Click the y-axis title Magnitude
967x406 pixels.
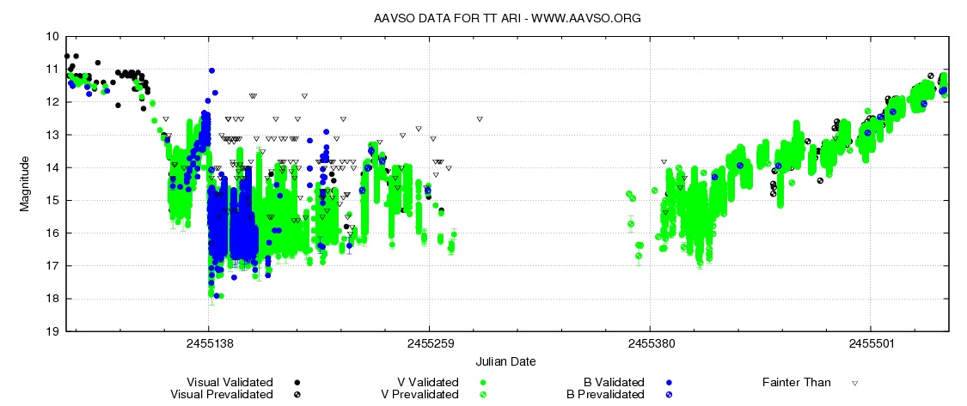click(x=25, y=184)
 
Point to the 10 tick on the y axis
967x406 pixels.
click(x=52, y=37)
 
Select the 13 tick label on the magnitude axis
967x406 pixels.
click(x=52, y=135)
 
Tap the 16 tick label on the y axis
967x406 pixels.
click(x=52, y=233)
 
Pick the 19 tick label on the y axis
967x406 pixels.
click(x=52, y=331)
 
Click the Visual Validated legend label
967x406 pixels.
click(x=230, y=382)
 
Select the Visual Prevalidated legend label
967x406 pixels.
click(x=222, y=394)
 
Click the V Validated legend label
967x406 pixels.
click(x=421, y=382)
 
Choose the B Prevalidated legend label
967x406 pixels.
click(x=606, y=394)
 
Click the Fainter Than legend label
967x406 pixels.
click(x=797, y=382)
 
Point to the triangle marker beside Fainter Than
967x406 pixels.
click(x=855, y=382)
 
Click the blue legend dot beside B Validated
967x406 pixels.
click(x=668, y=382)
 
